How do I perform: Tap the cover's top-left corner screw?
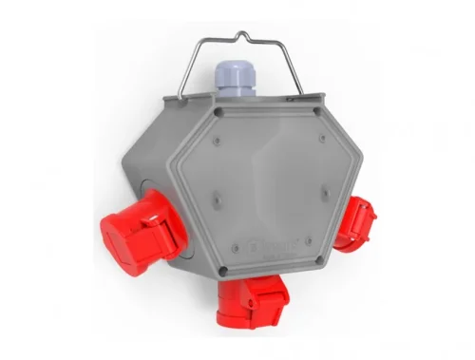click(x=219, y=111)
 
